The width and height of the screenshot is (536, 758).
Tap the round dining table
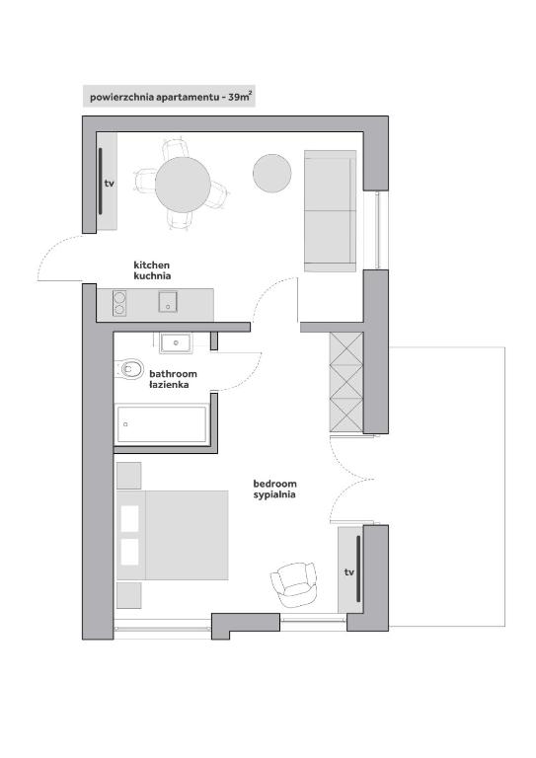tap(183, 185)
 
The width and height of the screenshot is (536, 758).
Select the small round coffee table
tap(272, 173)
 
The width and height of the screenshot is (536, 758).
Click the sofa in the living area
tap(330, 211)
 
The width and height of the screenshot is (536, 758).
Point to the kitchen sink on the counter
tap(168, 302)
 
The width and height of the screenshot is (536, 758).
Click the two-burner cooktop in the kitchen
tap(119, 303)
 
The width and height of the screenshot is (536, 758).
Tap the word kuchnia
tap(152, 276)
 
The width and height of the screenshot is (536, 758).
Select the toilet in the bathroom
tap(129, 369)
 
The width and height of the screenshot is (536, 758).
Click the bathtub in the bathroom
tap(163, 424)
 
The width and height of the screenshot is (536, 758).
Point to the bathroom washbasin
tap(176, 342)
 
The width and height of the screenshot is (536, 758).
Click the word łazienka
tap(169, 385)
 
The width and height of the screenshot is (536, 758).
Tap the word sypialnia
tap(274, 494)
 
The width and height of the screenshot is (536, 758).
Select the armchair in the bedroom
tap(294, 584)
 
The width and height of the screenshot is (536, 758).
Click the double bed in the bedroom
tap(173, 535)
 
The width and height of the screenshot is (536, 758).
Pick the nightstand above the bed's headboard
tap(129, 476)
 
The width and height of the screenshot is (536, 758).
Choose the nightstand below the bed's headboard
tap(129, 595)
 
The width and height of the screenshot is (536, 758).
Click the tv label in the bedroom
tap(349, 572)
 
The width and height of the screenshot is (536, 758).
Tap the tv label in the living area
tap(110, 184)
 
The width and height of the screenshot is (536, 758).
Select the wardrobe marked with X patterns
tap(346, 381)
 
